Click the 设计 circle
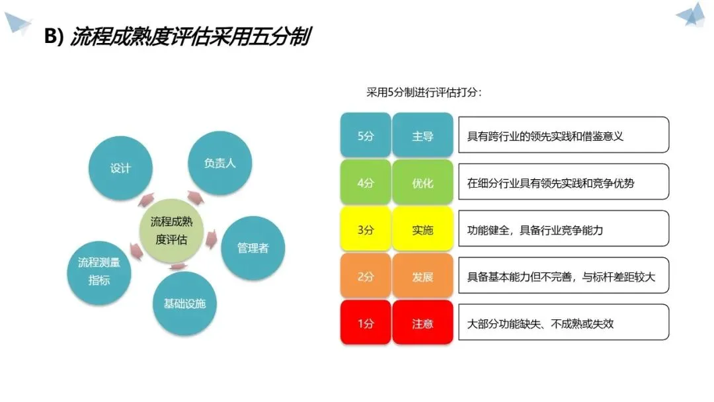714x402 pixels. tap(120, 168)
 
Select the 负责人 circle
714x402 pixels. tap(220, 163)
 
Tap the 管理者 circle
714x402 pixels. tap(253, 247)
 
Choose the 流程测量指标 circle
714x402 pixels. tap(99, 271)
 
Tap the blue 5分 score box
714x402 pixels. tap(366, 136)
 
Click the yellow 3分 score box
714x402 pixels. tap(366, 230)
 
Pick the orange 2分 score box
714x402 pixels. tap(366, 276)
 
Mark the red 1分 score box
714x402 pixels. tap(366, 323)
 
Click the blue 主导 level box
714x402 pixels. tap(422, 136)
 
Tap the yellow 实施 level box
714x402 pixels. tap(422, 230)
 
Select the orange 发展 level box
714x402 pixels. tap(422, 276)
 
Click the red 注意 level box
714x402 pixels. tap(422, 323)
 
